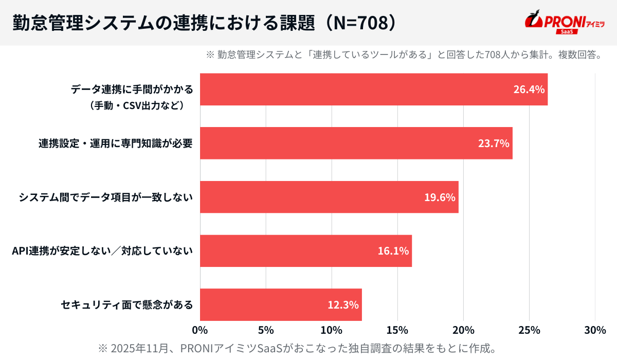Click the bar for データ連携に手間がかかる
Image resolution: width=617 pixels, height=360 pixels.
[373, 89]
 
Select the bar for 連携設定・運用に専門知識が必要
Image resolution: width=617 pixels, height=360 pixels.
[356, 143]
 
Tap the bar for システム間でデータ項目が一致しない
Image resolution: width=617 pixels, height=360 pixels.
[329, 197]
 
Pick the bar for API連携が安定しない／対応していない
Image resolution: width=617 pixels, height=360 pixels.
[305, 251]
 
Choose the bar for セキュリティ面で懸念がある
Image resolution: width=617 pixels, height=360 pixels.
[281, 304]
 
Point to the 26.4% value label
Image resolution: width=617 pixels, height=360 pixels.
[529, 89]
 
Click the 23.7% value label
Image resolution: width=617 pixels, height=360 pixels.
[494, 143]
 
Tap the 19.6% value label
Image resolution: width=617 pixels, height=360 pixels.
[440, 197]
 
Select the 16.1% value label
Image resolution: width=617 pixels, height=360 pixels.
[393, 251]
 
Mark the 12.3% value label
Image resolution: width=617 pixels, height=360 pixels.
[343, 304]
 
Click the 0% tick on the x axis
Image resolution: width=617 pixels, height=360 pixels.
[199, 330]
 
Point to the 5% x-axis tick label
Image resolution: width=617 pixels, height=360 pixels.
[266, 330]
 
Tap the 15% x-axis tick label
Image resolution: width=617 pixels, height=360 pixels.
[397, 330]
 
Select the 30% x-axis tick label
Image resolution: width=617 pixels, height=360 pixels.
[595, 330]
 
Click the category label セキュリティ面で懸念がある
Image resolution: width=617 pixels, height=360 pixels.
[126, 304]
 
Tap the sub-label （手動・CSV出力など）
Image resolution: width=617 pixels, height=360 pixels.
[137, 106]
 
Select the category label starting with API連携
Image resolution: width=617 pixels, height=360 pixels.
[102, 251]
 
